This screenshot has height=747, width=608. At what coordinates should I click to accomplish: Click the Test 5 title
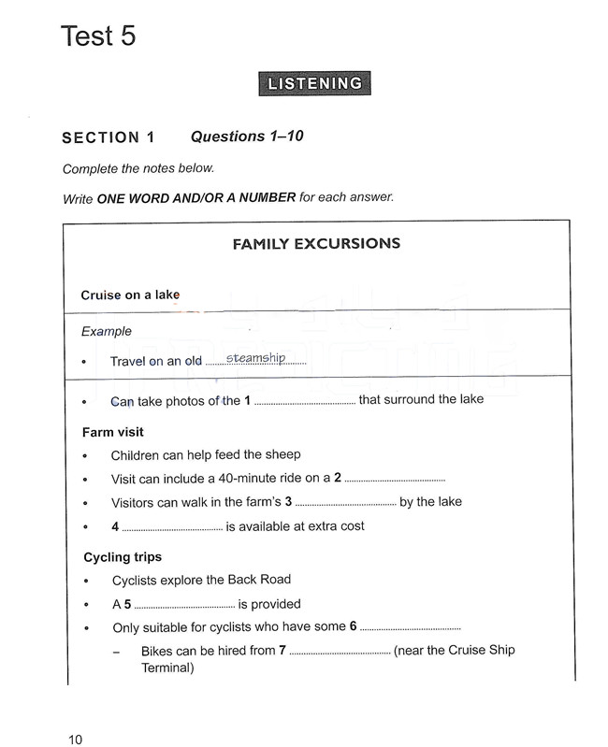pyautogui.click(x=98, y=36)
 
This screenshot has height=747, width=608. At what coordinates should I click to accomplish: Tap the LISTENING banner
pyautogui.click(x=314, y=84)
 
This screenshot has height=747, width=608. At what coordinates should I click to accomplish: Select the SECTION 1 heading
pyautogui.click(x=109, y=137)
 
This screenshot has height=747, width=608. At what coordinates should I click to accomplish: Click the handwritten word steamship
pyautogui.click(x=254, y=358)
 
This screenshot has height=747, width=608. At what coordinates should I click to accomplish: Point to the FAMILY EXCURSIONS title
pyautogui.click(x=316, y=244)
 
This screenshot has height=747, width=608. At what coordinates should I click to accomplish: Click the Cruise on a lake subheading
pyautogui.click(x=130, y=294)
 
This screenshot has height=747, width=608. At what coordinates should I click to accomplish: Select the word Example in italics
pyautogui.click(x=107, y=331)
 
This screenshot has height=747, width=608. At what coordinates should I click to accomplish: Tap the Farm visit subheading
pyautogui.click(x=112, y=432)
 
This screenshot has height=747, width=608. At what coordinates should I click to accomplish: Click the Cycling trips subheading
pyautogui.click(x=122, y=557)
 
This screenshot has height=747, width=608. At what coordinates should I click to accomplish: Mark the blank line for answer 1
pyautogui.click(x=304, y=403)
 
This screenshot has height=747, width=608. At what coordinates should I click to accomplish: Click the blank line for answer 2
pyautogui.click(x=395, y=480)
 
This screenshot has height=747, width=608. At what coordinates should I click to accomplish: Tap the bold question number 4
pyautogui.click(x=115, y=526)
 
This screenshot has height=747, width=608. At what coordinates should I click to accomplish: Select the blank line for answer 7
pyautogui.click(x=340, y=653)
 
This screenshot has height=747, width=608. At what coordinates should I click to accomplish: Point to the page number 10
pyautogui.click(x=75, y=740)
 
